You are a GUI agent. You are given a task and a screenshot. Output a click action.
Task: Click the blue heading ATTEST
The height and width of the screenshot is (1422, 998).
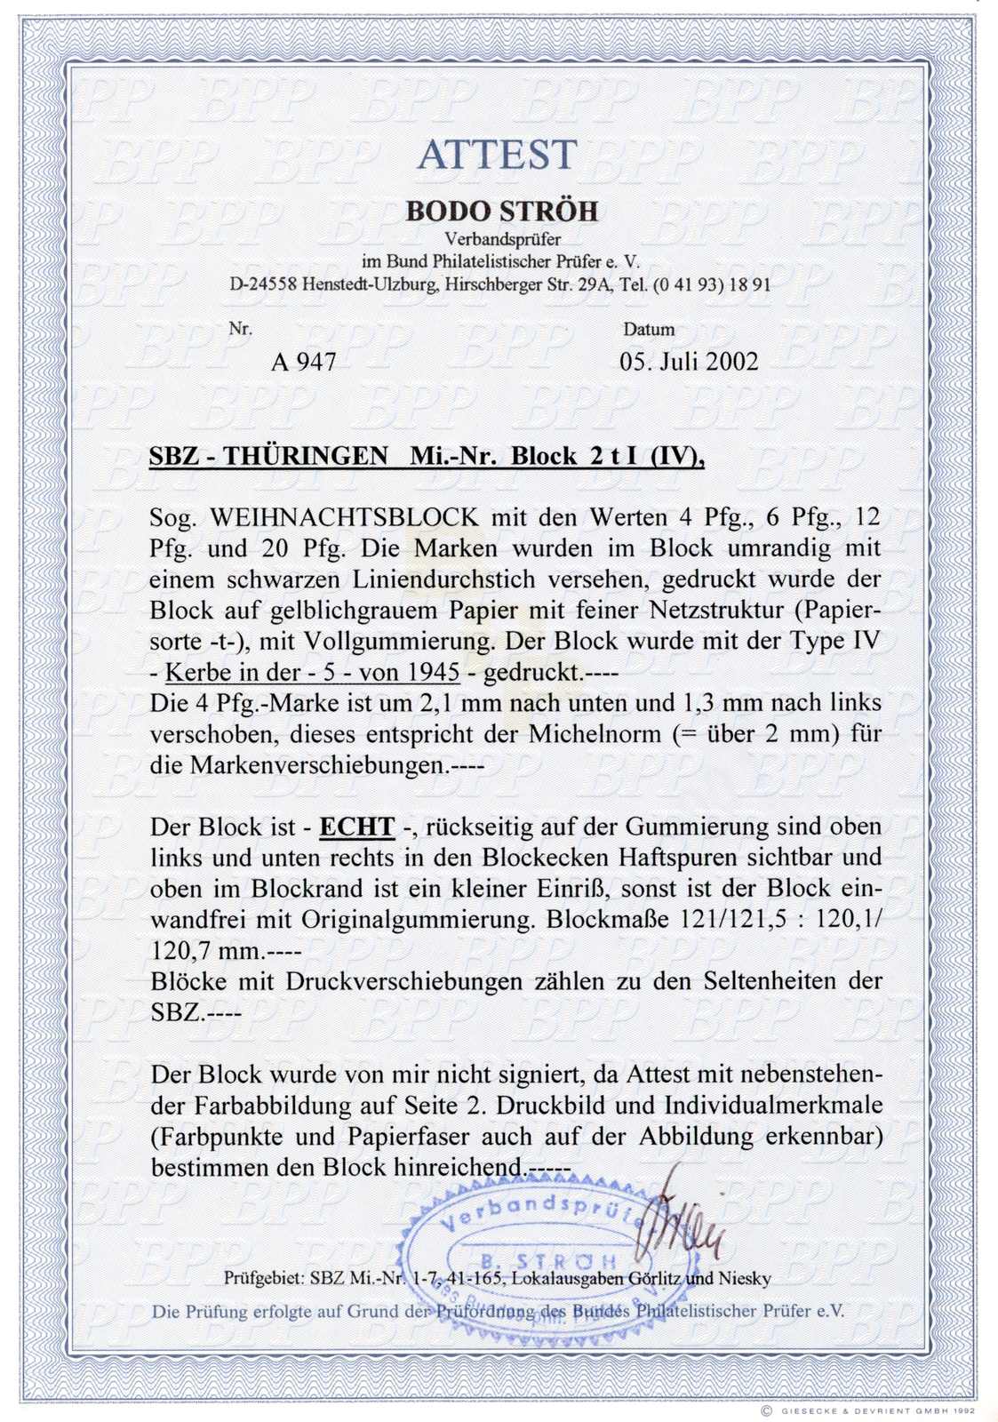pos(498,156)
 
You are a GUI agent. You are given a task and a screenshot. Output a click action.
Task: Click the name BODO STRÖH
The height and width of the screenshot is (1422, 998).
pos(502,212)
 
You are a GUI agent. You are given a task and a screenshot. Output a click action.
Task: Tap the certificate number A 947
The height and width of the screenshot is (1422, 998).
pos(303,362)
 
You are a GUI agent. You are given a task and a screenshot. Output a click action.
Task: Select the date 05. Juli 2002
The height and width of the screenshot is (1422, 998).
pos(689,362)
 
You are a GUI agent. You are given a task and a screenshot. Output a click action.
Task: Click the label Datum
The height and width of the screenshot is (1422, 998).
pos(649,330)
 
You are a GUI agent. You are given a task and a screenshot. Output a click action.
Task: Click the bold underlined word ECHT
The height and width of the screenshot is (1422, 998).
pos(356,827)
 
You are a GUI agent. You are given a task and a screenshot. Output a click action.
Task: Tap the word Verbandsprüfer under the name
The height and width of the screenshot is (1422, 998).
pos(502,239)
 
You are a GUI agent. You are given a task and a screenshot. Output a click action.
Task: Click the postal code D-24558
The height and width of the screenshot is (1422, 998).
pos(263,285)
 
